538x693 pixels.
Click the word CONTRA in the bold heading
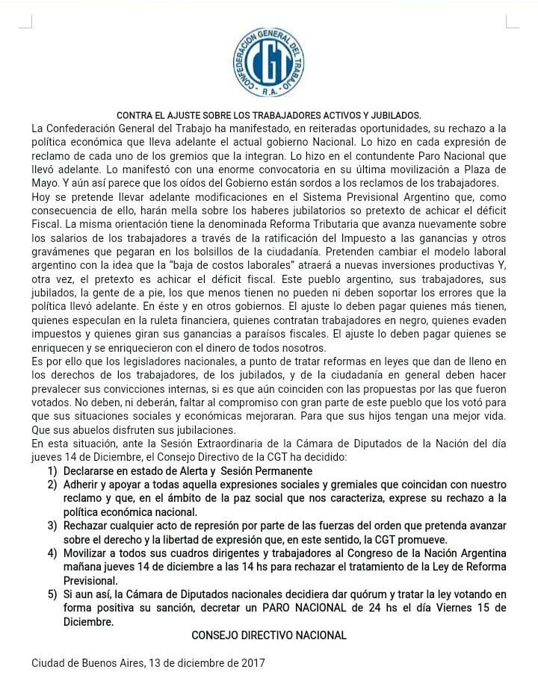coord(134,115)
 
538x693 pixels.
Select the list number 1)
coord(52,470)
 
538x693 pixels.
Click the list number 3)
coord(52,525)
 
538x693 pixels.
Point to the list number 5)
coord(52,594)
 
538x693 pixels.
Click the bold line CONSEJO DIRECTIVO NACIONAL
coord(269,635)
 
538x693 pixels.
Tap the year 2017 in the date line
coord(253,662)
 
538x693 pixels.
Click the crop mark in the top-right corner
coord(512,22)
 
